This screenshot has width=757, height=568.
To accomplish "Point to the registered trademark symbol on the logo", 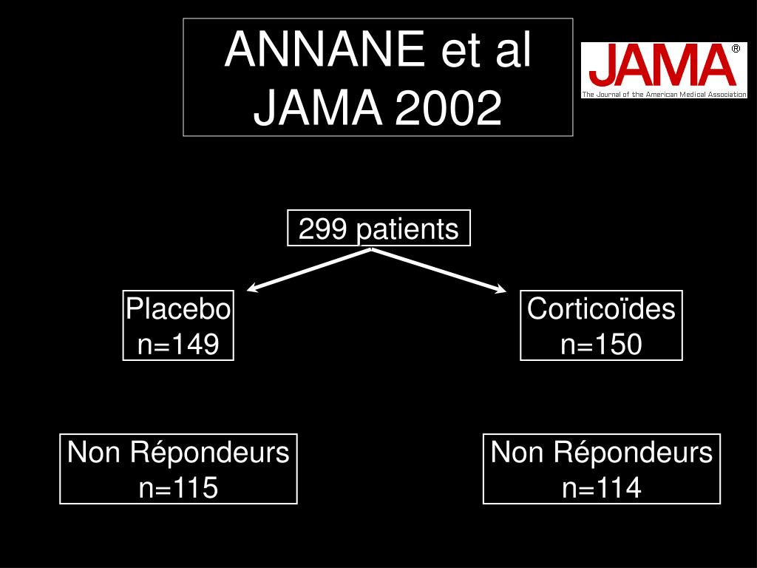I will tap(736, 49).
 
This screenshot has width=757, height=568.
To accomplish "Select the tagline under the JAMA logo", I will tap(664, 95).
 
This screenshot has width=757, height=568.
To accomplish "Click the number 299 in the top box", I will tap(324, 229).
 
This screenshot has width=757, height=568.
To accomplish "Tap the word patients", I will tap(407, 230).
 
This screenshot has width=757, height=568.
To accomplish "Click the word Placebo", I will tap(178, 308).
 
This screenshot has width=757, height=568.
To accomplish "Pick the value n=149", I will tap(178, 344).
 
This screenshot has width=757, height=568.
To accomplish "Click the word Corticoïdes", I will tap(601, 308).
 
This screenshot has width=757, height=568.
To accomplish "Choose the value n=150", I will tap(601, 344).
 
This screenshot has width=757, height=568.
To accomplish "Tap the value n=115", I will tap(178, 487).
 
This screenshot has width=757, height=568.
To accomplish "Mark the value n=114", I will tap(602, 487).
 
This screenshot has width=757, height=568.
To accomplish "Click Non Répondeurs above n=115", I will tap(178, 452).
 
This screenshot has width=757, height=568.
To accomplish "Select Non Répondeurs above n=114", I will tap(602, 452).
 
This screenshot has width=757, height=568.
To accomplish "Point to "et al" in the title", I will tap(486, 50).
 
